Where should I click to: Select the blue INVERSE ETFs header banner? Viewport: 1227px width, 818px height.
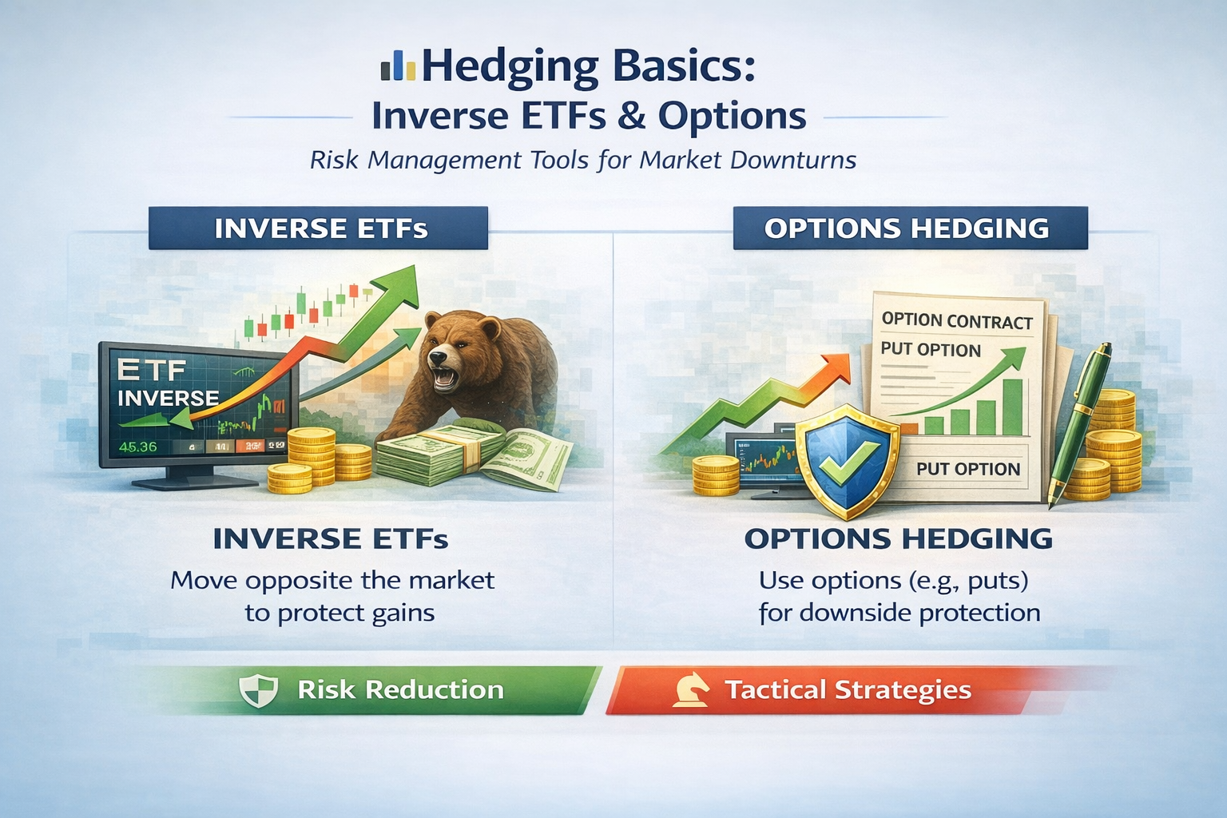point(319,228)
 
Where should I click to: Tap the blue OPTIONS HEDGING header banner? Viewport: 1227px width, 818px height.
point(909,228)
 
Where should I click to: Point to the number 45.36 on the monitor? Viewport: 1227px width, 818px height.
point(137,447)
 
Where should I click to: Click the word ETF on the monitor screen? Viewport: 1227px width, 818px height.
point(151,370)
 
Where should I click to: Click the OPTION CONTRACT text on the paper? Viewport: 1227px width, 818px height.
point(957,321)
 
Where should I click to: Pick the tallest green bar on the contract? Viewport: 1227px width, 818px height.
point(1012,407)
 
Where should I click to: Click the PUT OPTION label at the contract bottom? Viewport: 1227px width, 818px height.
point(968,469)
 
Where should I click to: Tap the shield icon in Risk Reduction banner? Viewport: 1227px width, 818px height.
point(259,689)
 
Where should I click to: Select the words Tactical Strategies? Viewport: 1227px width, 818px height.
point(848,689)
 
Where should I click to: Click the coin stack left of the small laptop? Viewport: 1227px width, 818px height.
point(715,476)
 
